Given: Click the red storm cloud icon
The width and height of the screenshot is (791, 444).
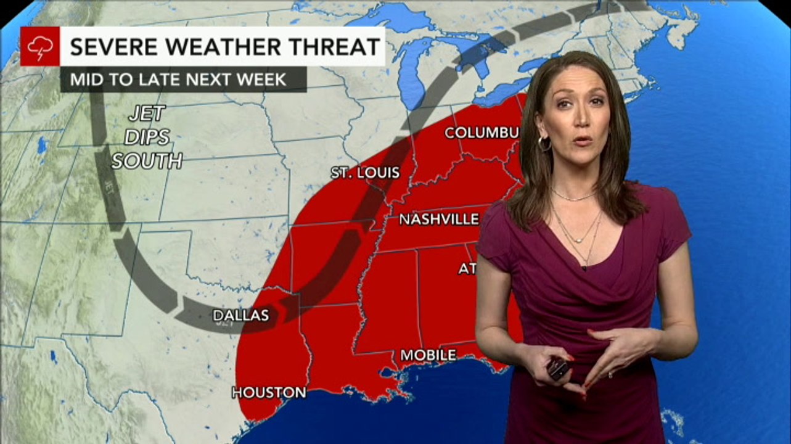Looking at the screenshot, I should coord(40,46).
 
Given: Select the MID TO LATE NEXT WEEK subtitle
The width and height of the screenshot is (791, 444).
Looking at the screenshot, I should coord(178,80).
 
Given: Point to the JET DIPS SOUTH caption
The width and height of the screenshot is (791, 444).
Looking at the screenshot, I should coord(147,138).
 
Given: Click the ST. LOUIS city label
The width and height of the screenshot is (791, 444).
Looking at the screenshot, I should coord(365,173).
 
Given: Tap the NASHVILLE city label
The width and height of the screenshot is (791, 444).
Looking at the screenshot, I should coord(438,220).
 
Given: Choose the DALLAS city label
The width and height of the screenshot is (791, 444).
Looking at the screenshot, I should coord(240,315).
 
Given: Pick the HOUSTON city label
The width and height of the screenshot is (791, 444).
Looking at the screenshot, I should coord(269,392).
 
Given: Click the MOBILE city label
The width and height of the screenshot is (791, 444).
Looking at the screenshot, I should coord(428,355).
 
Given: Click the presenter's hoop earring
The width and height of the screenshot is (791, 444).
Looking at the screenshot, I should coord(544,144).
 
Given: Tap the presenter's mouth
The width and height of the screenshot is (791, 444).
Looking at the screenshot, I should coord(582,141).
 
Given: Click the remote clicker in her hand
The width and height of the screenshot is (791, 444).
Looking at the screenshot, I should coord(559,368).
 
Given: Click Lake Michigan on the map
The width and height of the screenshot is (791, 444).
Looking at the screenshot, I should coord(411,74).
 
